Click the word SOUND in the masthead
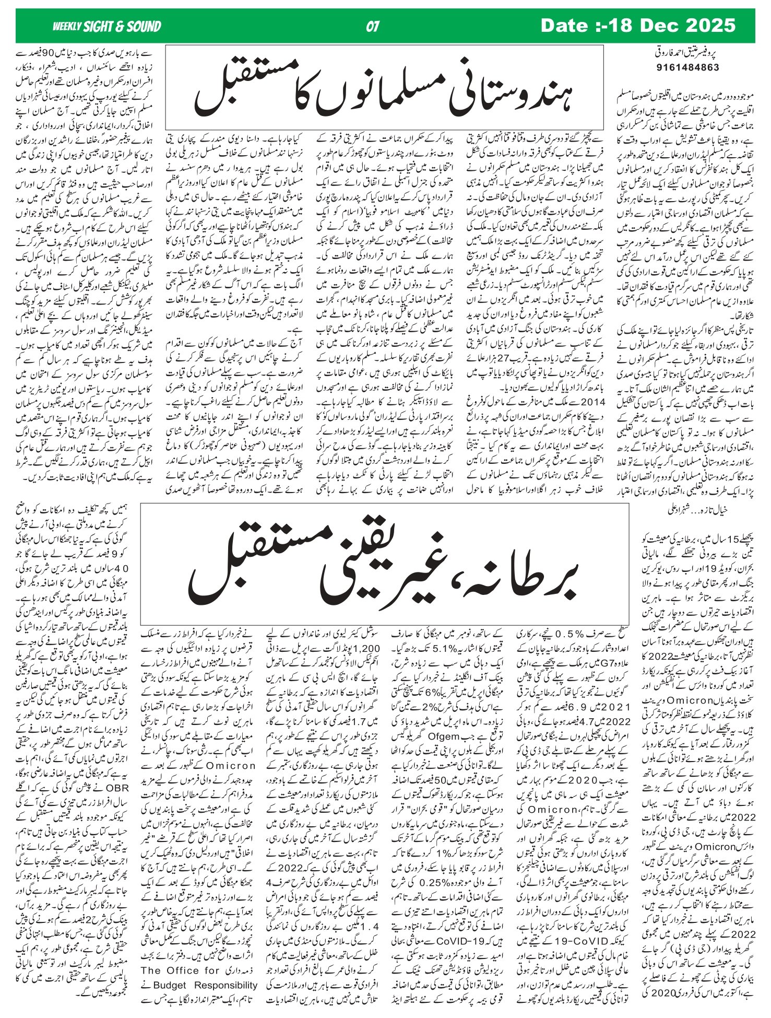141,26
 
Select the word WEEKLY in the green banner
66,26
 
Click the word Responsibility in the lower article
226,985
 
